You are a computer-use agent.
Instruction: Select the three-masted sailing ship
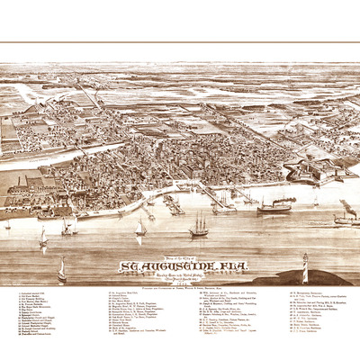[198, 226]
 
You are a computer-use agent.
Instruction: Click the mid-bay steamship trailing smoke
[274, 208]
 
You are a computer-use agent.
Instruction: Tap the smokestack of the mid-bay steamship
[273, 202]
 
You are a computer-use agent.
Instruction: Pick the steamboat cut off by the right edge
[346, 218]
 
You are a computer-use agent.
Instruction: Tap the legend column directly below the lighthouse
[310, 319]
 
